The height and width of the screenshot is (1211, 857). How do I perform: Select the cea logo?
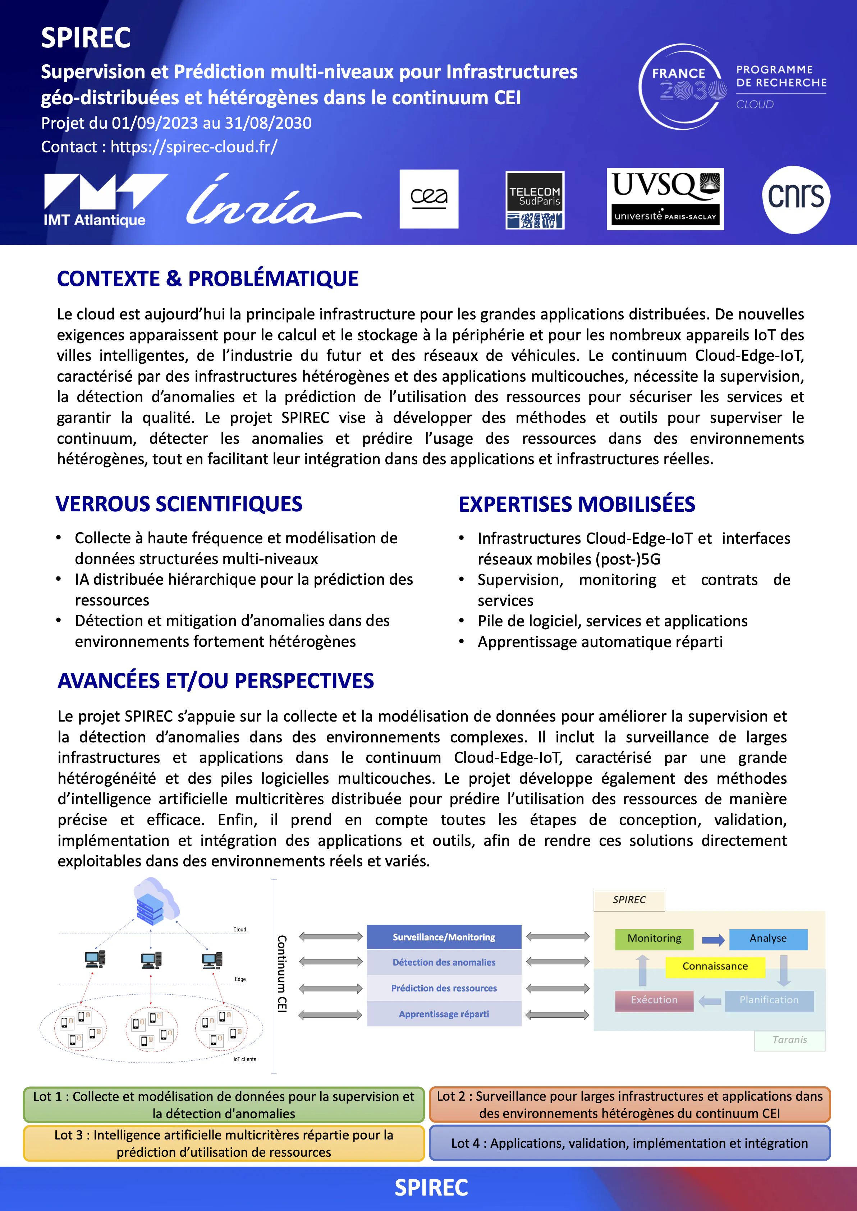[428, 199]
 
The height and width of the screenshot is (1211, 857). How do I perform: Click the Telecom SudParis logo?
[535, 200]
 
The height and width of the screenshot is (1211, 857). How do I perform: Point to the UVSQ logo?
[665, 199]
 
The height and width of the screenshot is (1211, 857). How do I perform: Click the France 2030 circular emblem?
[682, 87]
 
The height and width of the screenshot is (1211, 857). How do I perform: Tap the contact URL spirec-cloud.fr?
[194, 147]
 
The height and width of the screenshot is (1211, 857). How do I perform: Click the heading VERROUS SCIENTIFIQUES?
[179, 504]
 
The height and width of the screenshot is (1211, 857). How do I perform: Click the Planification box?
[768, 1000]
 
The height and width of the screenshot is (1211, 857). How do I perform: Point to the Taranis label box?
[789, 1040]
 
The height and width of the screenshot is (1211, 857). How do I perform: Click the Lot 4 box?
[629, 1143]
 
